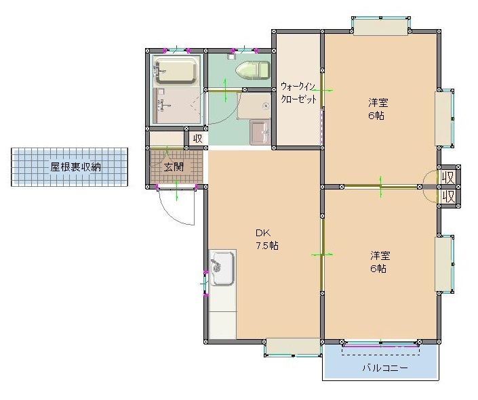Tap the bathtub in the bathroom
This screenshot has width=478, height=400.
pos(176,70)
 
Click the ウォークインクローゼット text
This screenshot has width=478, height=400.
pos(298,93)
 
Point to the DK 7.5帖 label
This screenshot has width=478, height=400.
pos(266,239)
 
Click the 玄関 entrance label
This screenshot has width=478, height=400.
pos(174,166)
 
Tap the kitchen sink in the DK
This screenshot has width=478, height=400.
pos(222,269)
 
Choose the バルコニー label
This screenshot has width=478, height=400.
pos(384,368)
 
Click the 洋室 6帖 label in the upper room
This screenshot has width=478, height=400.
pos(377,109)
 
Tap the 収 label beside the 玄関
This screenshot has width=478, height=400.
pos(197,139)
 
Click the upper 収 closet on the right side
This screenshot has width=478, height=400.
pos(448,177)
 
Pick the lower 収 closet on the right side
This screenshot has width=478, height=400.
pos(448,196)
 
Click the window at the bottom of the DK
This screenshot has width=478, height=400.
pos(292,347)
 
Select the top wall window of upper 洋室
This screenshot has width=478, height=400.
pos(381,26)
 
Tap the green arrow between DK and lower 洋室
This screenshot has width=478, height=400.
pos(321,254)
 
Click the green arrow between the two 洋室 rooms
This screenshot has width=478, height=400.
pos(381,186)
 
